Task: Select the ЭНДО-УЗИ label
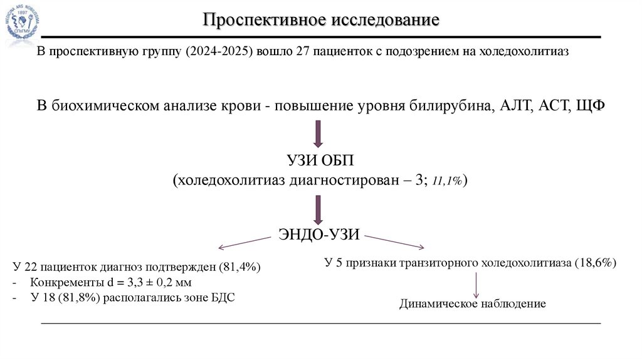pyautogui.click(x=318, y=235)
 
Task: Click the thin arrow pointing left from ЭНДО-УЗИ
pyautogui.click(x=243, y=241)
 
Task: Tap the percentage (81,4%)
pyautogui.click(x=240, y=267)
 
